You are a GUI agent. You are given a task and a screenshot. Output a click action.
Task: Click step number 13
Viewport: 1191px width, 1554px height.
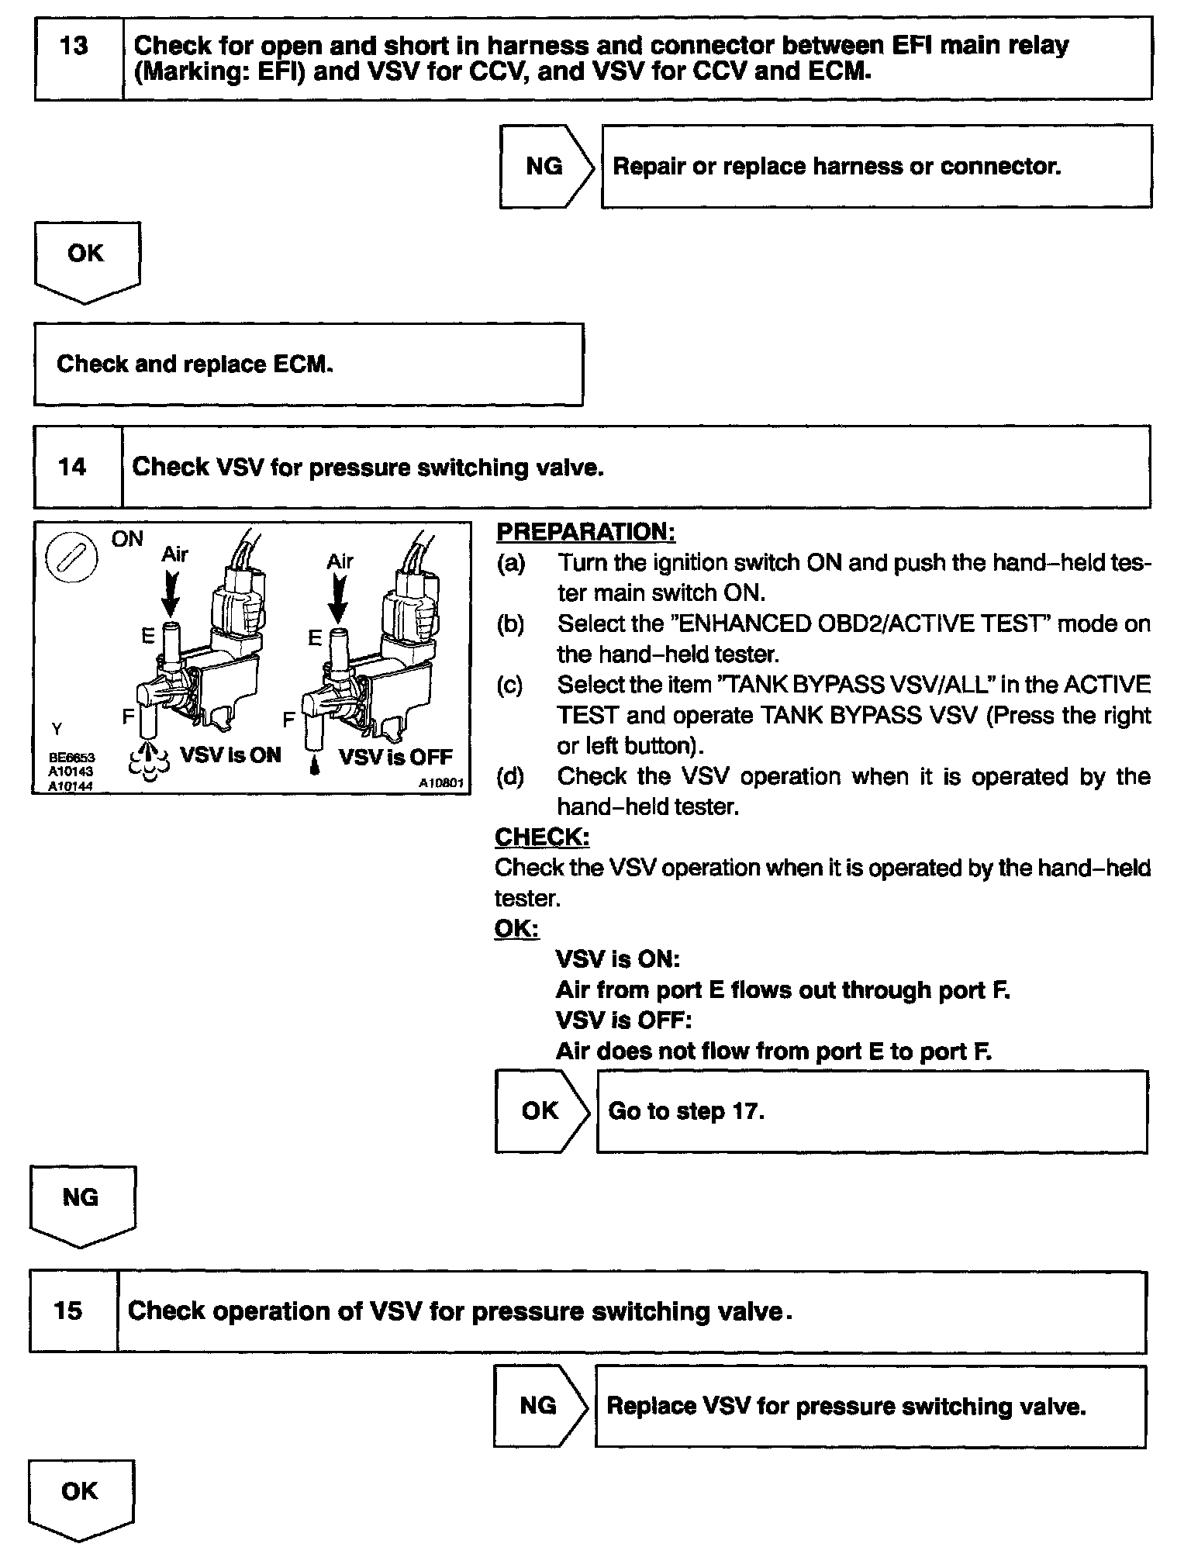[74, 47]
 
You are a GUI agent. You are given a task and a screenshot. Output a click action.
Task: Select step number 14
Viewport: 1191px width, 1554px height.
[72, 467]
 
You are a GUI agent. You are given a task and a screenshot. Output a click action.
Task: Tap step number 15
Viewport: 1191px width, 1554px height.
[68, 1311]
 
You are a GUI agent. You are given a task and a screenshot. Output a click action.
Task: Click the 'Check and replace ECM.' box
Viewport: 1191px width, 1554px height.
[308, 364]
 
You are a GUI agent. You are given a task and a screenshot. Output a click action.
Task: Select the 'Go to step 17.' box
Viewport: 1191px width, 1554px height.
[872, 1111]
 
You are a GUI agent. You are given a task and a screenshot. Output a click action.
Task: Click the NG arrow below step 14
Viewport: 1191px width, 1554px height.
[81, 1204]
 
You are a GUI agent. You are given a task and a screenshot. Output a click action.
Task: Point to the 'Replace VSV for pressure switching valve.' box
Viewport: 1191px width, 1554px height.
[870, 1406]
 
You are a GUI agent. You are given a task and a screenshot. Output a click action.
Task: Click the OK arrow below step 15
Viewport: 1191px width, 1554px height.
[80, 1497]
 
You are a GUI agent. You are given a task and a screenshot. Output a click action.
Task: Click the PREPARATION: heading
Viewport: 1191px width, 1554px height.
[585, 532]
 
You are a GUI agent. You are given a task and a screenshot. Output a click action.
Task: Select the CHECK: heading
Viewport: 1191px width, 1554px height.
[542, 837]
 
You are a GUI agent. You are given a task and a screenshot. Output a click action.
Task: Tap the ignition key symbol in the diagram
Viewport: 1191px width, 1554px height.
[71, 558]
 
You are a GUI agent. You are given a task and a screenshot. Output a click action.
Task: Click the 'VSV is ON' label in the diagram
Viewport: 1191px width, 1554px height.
[230, 755]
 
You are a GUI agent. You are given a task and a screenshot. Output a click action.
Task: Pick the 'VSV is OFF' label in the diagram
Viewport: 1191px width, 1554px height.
[395, 756]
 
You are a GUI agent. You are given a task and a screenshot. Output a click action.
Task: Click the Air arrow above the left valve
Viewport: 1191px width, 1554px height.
[171, 593]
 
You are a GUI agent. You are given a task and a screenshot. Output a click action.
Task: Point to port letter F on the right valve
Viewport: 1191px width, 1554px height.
[288, 720]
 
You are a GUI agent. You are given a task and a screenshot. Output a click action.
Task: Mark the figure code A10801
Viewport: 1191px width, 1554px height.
[440, 784]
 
